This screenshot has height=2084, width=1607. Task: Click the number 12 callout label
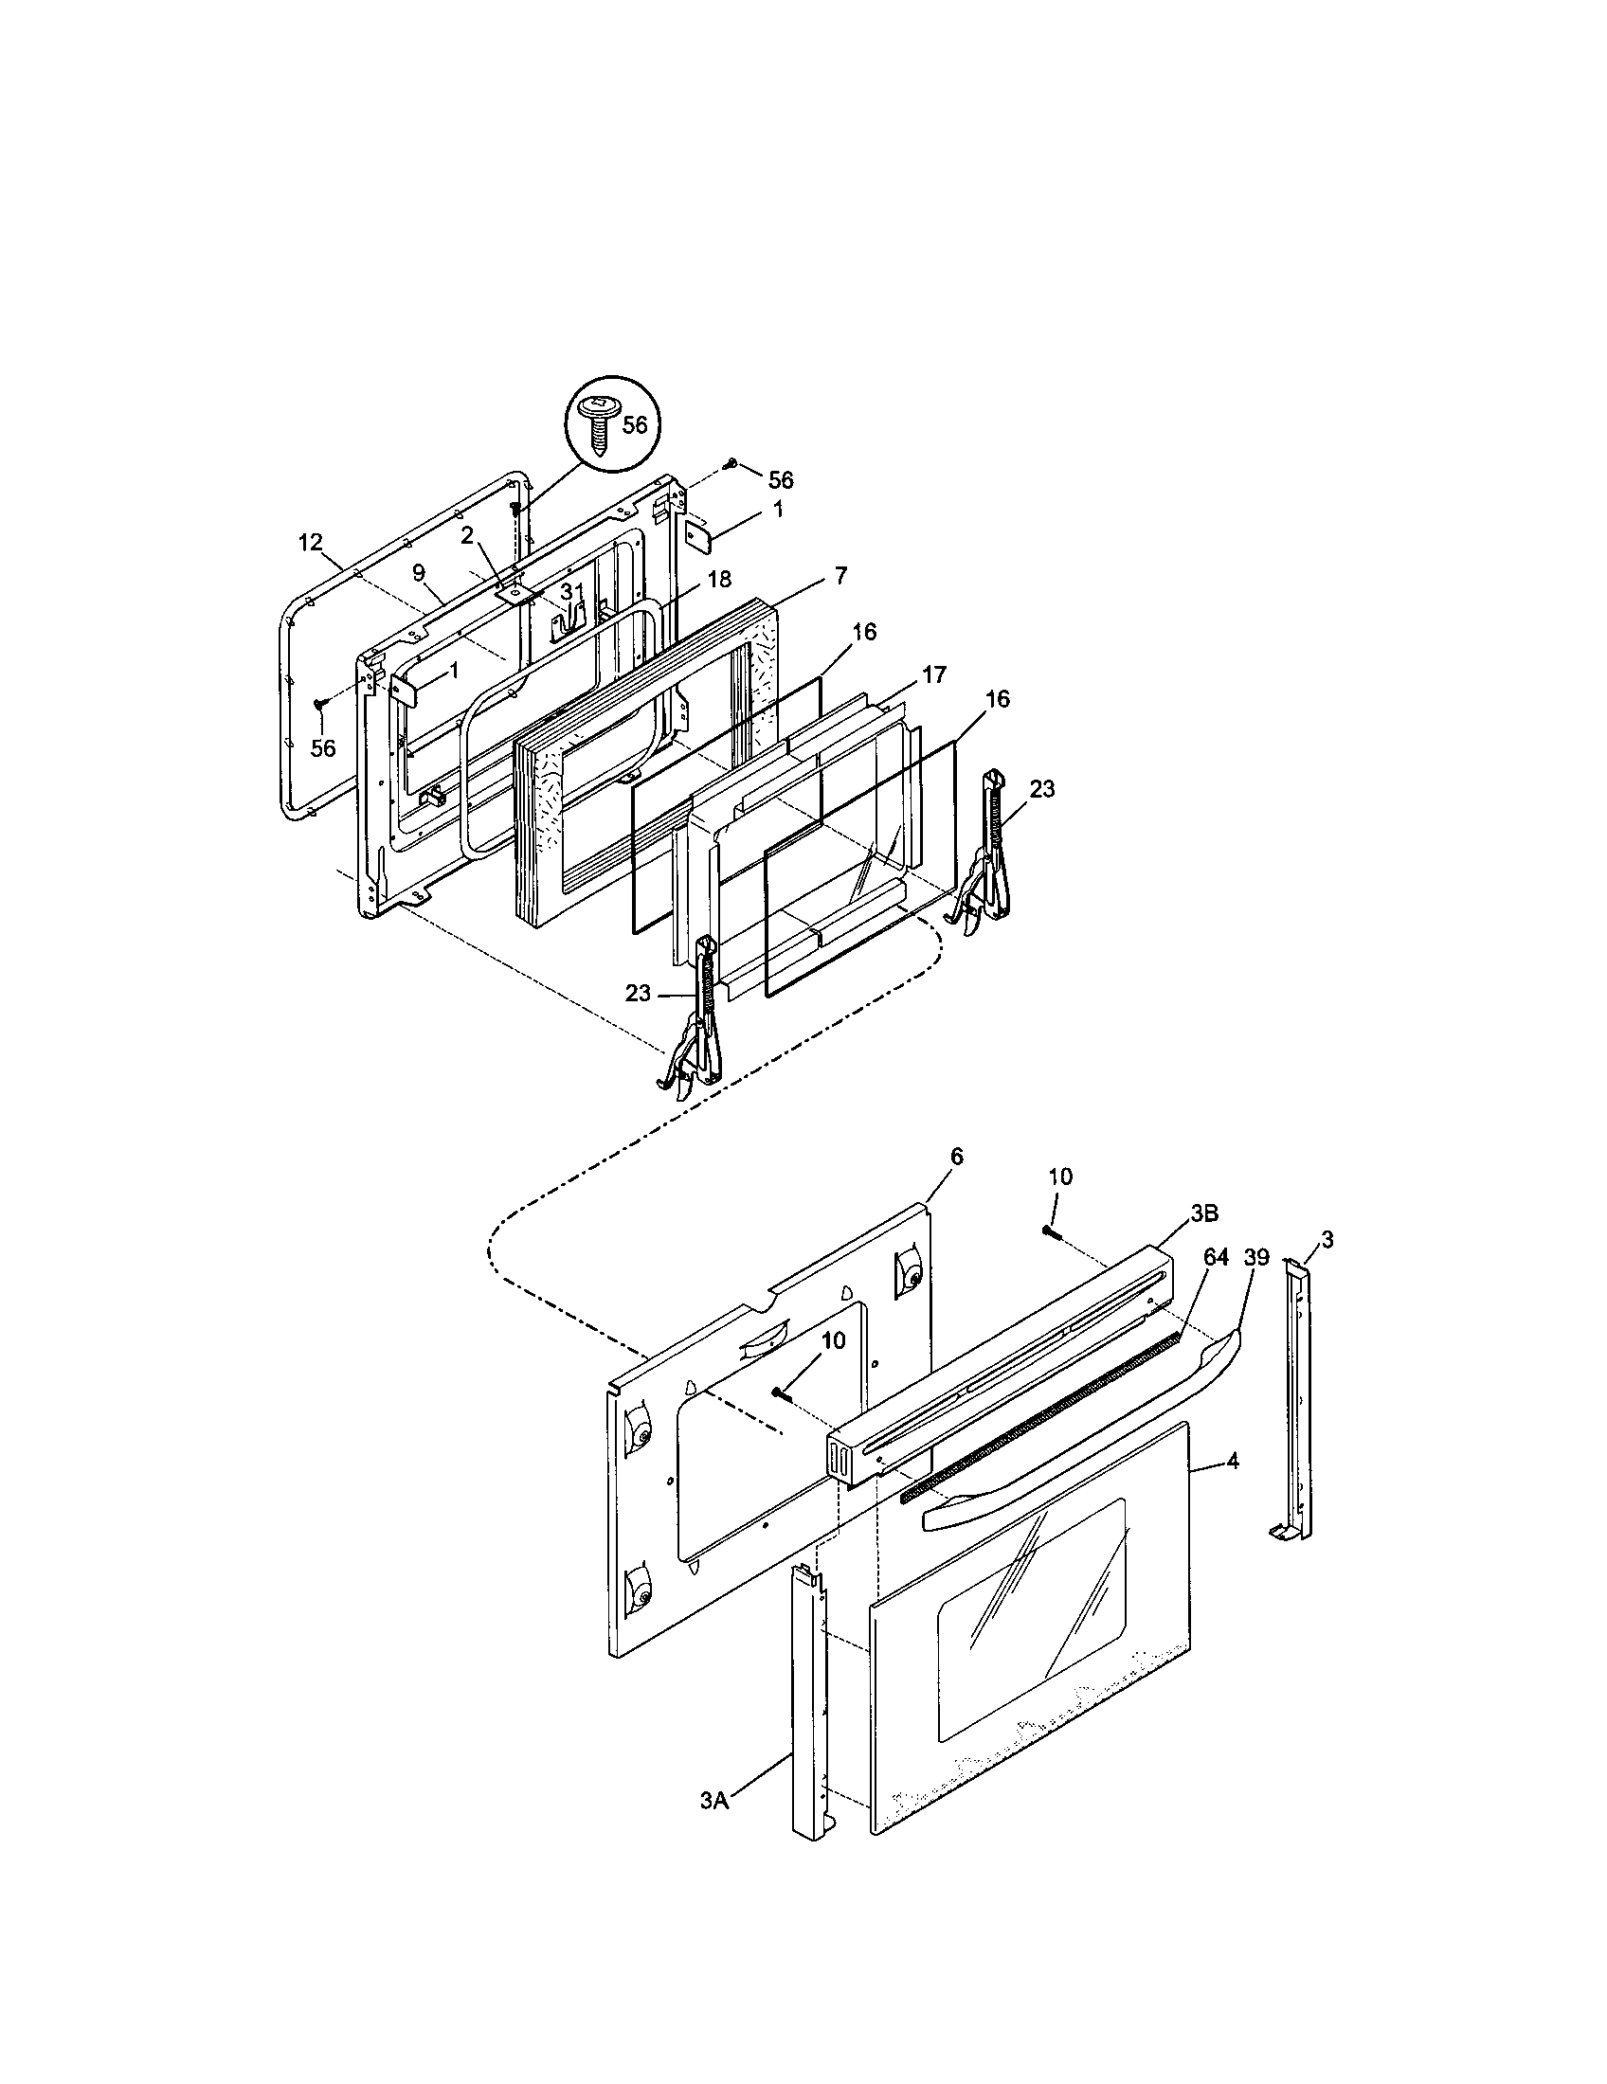coord(310,543)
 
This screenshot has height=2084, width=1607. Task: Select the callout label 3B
coord(1203,1213)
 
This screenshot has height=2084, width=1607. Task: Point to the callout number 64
coord(1215,1257)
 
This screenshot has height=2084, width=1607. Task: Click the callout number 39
coord(1256,1257)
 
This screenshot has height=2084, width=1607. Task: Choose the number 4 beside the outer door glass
coord(1233,1486)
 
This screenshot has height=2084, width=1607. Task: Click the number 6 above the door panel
coord(957,1157)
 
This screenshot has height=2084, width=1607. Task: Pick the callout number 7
coord(840,575)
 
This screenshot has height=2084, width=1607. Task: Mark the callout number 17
coord(933,674)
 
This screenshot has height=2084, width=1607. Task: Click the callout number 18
coord(718,606)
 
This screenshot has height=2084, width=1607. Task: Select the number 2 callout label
coord(466,536)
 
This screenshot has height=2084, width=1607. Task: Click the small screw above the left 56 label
coord(320,703)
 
